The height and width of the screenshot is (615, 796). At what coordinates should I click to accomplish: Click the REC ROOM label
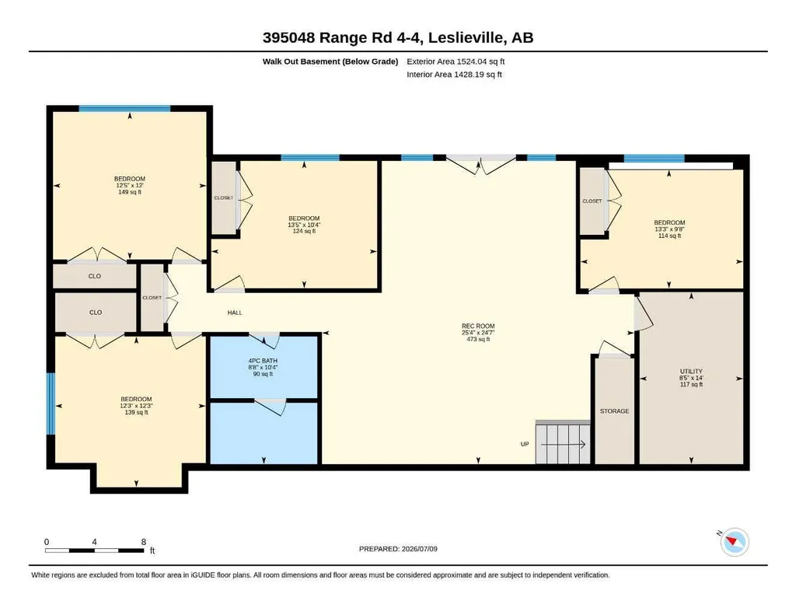(x=478, y=326)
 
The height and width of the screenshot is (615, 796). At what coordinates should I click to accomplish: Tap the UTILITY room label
(x=691, y=371)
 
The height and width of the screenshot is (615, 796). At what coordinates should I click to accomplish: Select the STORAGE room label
(x=614, y=411)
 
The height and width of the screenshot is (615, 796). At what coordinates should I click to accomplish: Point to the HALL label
(x=235, y=313)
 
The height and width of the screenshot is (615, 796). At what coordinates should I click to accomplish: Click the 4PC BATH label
(x=263, y=361)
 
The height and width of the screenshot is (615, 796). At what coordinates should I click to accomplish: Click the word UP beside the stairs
(x=525, y=444)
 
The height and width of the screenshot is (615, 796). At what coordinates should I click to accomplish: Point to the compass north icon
(x=734, y=543)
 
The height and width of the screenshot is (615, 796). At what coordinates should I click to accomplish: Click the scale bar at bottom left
(x=95, y=550)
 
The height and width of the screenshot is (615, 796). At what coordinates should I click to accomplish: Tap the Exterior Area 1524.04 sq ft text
(x=456, y=61)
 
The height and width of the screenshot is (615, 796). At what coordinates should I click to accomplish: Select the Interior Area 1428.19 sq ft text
(x=454, y=74)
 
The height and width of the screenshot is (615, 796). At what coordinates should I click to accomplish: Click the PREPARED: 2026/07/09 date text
(x=398, y=549)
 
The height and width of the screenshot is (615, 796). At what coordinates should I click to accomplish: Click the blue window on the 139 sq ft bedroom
(x=51, y=404)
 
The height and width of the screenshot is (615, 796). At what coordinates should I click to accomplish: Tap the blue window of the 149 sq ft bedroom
(x=124, y=108)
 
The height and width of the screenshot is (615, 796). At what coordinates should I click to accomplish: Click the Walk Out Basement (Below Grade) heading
(x=330, y=61)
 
